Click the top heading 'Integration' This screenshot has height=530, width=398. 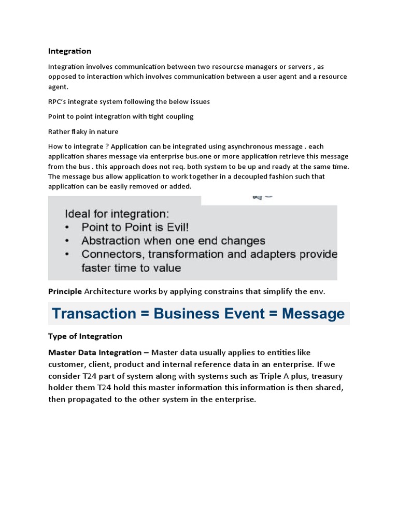click(69, 51)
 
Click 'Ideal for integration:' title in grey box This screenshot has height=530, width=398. click(116, 213)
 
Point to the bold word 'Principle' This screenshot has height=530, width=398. click(65, 291)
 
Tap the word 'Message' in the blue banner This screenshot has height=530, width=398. click(314, 313)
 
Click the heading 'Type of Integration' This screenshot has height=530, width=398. click(85, 336)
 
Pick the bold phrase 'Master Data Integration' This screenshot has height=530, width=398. click(95, 352)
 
